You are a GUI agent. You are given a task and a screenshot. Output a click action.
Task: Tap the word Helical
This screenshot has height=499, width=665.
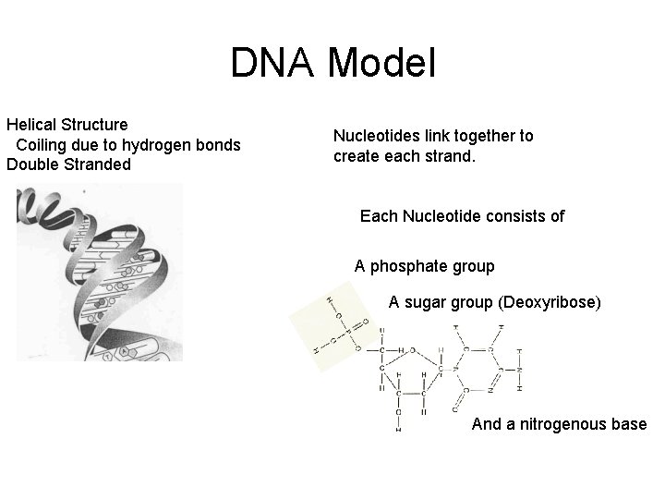click(x=31, y=124)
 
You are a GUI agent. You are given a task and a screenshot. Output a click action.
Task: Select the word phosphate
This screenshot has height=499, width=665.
click(x=409, y=266)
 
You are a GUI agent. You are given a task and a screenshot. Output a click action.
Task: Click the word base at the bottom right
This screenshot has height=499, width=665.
click(x=629, y=424)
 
